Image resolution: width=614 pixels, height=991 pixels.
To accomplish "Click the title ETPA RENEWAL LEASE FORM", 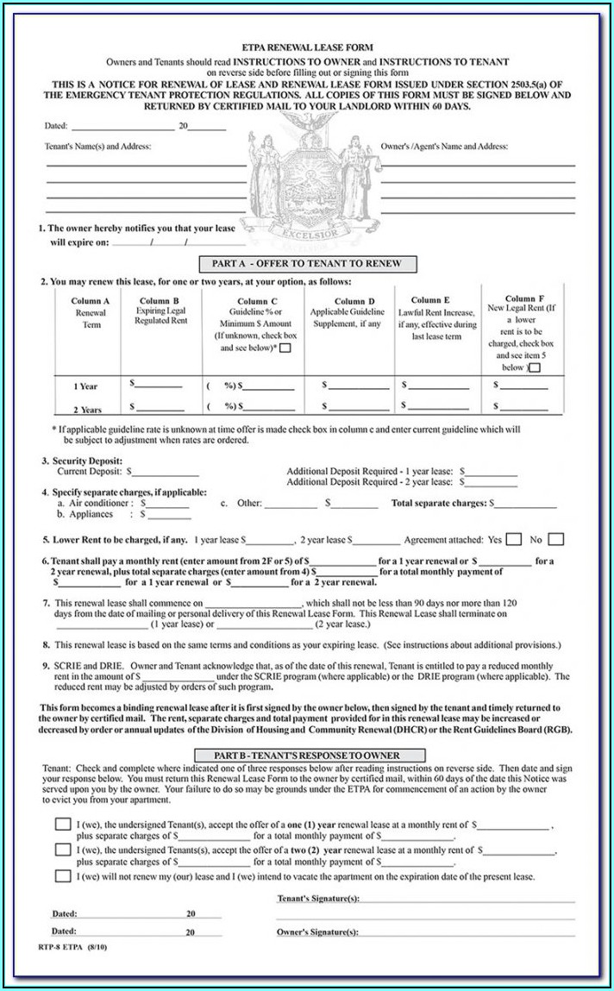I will [308, 48].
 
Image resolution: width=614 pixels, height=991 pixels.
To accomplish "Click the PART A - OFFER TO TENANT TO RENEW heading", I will [308, 264].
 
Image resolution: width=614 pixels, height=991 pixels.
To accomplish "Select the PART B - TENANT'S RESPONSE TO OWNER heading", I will [308, 756].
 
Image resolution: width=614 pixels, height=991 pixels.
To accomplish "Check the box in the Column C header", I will [285, 348].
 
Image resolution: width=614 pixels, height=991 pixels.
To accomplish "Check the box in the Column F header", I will [535, 367].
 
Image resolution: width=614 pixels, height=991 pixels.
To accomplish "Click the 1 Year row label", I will [86, 386].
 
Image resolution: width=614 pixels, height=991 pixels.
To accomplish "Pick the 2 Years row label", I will [87, 410].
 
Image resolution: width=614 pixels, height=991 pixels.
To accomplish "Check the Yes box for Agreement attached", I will [514, 540].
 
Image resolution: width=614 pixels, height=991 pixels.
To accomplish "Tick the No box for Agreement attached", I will [556, 540].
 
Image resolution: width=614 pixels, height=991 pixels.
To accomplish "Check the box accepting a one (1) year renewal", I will [63, 825].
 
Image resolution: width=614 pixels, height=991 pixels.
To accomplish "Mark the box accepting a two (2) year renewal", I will [63, 850].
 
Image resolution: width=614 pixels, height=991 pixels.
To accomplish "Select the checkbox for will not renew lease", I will [63, 875].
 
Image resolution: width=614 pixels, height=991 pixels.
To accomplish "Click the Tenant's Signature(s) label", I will [317, 899].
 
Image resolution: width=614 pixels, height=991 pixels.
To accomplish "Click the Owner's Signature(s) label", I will [316, 932].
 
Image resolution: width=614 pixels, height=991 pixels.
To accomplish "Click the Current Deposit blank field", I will [166, 473].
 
